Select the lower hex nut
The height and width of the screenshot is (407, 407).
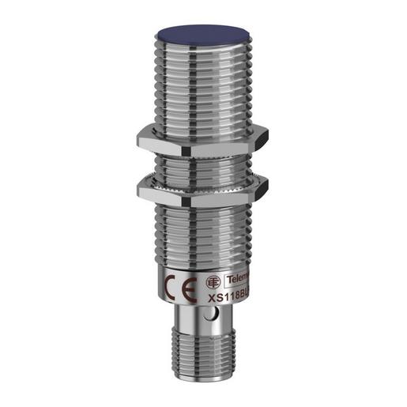click(x=203, y=188)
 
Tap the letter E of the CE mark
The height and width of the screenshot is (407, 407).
click(x=185, y=288)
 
